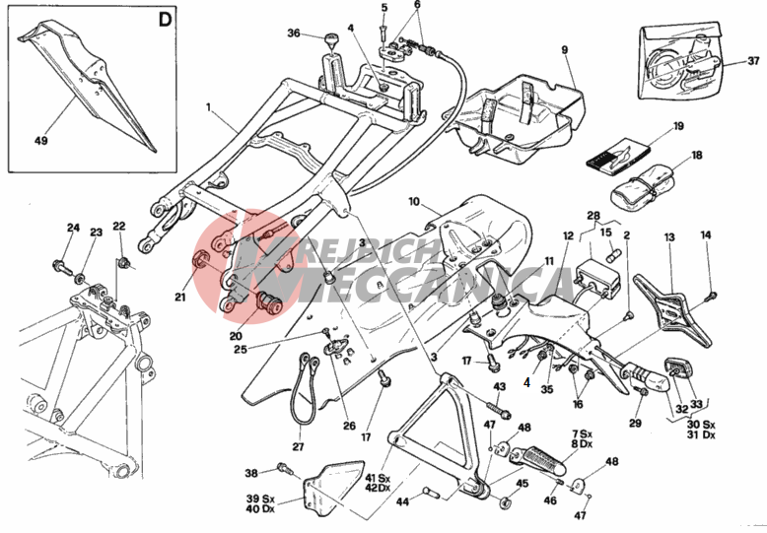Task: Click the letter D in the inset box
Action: pyautogui.click(x=164, y=20)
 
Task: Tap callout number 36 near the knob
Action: pyautogui.click(x=293, y=33)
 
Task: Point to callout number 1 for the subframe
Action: pyautogui.click(x=209, y=105)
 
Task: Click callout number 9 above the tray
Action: pyautogui.click(x=565, y=49)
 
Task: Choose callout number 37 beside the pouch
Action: pyautogui.click(x=753, y=61)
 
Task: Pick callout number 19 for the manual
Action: pyautogui.click(x=678, y=126)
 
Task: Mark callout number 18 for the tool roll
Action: pyautogui.click(x=696, y=156)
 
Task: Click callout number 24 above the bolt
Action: pyautogui.click(x=72, y=229)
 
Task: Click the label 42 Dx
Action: pyautogui.click(x=377, y=488)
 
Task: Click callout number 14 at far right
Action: pyautogui.click(x=705, y=234)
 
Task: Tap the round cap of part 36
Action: pyautogui.click(x=332, y=40)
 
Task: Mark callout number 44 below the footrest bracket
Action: pyautogui.click(x=402, y=502)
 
